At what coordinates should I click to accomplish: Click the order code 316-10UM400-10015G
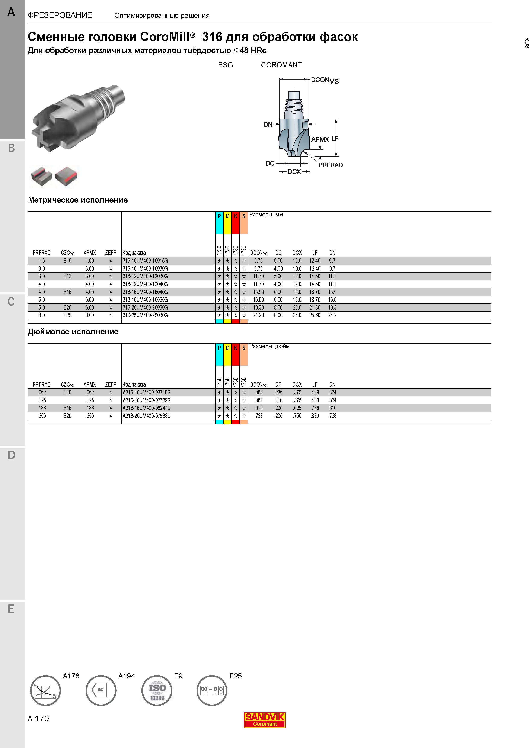[145, 261]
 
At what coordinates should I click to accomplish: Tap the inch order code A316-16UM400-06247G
[146, 408]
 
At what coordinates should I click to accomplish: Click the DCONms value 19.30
[258, 307]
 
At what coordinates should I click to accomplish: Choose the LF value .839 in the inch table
[315, 416]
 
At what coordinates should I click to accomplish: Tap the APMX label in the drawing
[320, 139]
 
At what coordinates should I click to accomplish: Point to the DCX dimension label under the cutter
[294, 172]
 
